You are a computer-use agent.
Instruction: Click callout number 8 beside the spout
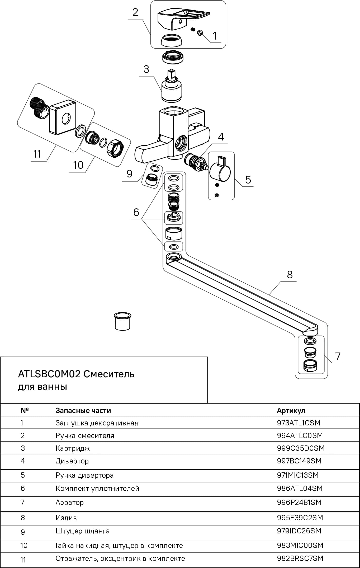click(290, 275)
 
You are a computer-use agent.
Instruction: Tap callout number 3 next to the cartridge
click(146, 69)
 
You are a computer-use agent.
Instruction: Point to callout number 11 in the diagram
click(37, 154)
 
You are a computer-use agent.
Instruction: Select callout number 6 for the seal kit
click(136, 212)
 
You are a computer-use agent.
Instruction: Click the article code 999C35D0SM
click(301, 448)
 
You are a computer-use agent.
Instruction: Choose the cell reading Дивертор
click(72, 461)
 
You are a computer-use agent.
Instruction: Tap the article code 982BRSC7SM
click(300, 558)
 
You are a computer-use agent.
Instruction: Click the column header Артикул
click(291, 411)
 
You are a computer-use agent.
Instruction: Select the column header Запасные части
click(83, 411)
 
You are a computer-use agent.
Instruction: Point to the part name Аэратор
click(70, 503)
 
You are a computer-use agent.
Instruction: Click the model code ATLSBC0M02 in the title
click(49, 374)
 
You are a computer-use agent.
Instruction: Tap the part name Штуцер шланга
click(83, 531)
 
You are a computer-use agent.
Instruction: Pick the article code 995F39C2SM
click(300, 518)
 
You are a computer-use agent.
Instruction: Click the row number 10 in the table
click(24, 545)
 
